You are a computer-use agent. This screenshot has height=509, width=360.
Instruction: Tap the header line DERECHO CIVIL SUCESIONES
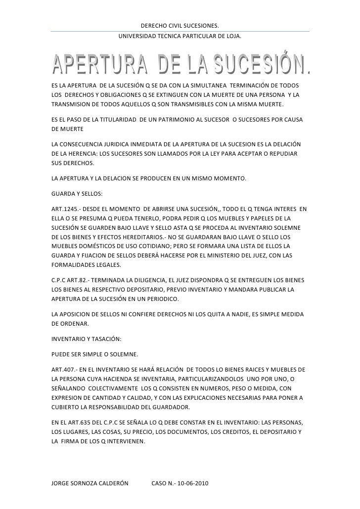(x=180, y=26)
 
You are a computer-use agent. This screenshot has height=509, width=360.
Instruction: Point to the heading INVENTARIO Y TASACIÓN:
(x=87, y=340)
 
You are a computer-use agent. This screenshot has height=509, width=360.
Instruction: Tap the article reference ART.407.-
(x=66, y=370)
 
